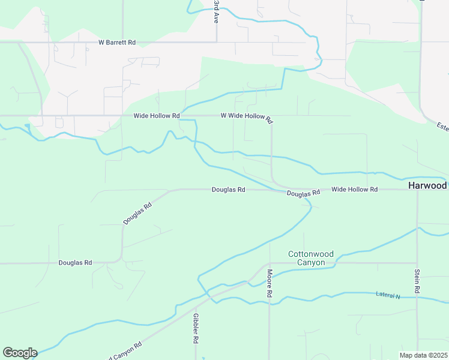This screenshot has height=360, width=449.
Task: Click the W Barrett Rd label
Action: point(117,43)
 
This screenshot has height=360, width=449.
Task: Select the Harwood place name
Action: point(427,186)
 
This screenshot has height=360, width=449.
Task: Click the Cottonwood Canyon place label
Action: point(310,258)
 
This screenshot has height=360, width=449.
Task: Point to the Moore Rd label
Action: point(270,284)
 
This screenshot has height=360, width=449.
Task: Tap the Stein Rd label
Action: point(417,281)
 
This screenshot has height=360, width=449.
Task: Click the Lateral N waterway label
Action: point(388,295)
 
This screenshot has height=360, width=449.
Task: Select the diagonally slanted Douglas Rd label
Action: point(137,213)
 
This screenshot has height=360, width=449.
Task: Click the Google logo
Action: point(20,353)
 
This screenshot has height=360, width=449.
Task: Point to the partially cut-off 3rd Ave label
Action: point(216,11)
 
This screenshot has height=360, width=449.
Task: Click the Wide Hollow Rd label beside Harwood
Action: point(354,190)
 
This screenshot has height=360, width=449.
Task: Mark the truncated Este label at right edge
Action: point(442,127)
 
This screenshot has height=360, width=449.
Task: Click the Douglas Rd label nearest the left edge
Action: point(75,263)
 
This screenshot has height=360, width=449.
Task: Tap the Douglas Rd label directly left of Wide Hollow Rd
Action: point(303,193)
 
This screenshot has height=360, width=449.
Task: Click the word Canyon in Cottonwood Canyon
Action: point(311,263)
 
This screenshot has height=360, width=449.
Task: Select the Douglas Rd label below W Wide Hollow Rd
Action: point(228,190)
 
